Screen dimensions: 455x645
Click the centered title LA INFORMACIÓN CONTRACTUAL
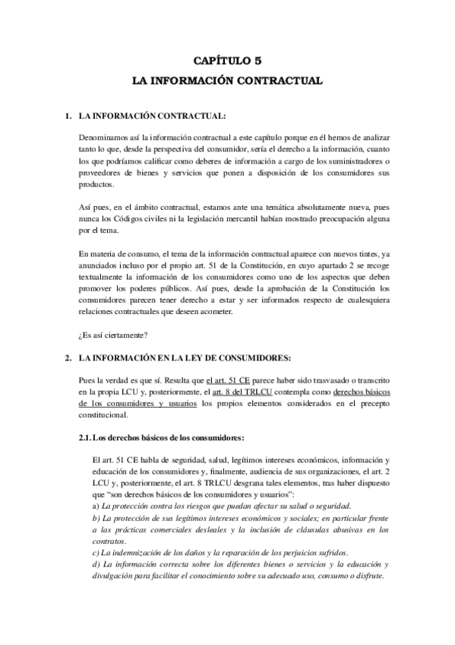[x=227, y=79]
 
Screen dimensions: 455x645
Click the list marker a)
[x=95, y=506]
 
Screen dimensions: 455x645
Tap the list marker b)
[x=95, y=518]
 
